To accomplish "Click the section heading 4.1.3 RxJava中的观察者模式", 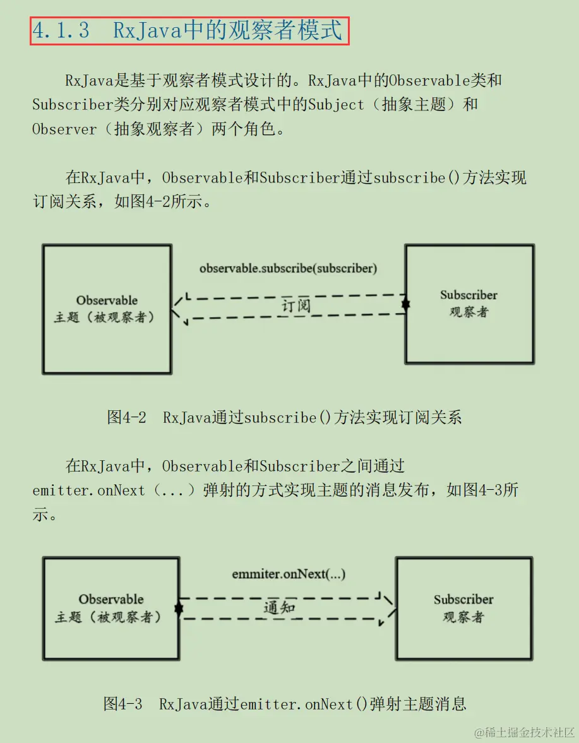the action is point(188,31).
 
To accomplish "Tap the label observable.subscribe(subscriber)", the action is point(289,268).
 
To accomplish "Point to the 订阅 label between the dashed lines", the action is point(296,306).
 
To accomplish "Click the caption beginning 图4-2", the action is point(285,417).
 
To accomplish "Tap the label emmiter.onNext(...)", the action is point(289,574).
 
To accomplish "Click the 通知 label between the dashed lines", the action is point(279,607).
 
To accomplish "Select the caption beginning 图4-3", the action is point(285,703).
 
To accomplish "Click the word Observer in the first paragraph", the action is point(64,129).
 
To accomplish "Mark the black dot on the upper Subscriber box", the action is point(405,304).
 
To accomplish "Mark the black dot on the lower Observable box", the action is point(179,609).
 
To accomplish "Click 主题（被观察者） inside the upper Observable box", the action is point(105,317).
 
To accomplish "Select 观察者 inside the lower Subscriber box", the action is point(463,616).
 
